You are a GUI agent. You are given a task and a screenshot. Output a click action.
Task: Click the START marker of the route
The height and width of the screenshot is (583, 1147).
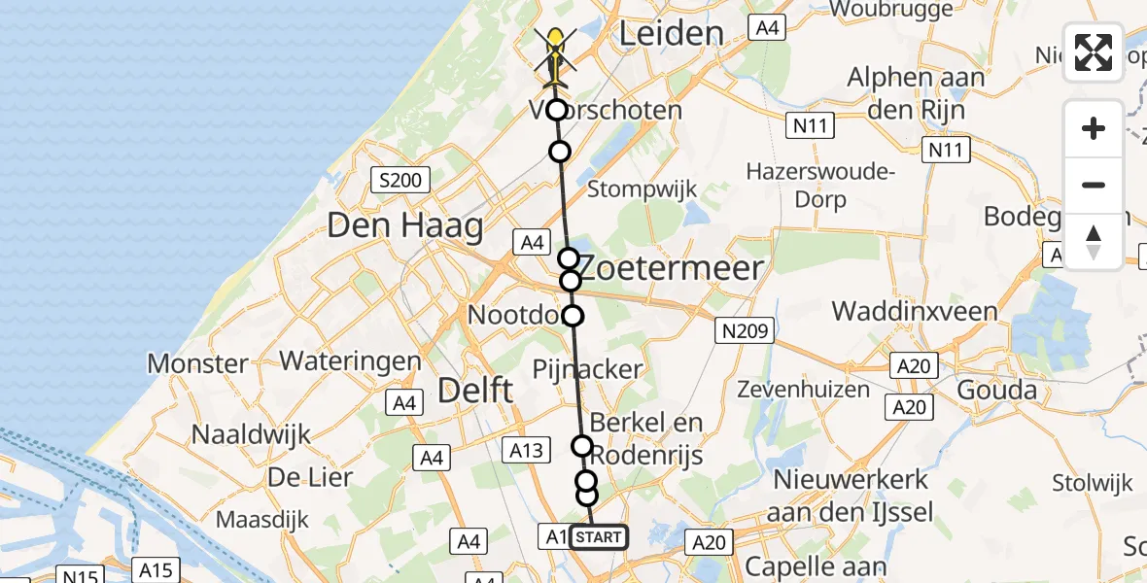(599, 537)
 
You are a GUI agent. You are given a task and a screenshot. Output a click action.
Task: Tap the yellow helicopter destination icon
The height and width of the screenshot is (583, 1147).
(555, 49)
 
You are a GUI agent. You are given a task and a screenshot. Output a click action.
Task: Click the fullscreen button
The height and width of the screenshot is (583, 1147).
(1094, 52)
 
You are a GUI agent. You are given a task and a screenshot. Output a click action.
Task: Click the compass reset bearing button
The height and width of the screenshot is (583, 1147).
(1094, 241)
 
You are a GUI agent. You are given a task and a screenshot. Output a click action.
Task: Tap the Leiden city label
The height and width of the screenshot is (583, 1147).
(672, 34)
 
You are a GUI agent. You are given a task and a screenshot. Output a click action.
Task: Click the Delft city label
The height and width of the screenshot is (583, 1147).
(475, 391)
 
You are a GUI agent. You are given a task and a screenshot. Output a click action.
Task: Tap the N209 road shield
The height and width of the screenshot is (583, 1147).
(744, 331)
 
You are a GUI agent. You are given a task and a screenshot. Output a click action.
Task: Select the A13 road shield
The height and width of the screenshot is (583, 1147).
(526, 449)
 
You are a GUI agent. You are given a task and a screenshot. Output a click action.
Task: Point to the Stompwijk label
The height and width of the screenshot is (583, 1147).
(642, 189)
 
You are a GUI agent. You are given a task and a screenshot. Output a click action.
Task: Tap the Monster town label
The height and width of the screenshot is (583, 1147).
(197, 364)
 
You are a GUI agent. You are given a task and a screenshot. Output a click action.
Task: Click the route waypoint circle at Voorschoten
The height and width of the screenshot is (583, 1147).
(556, 110)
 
